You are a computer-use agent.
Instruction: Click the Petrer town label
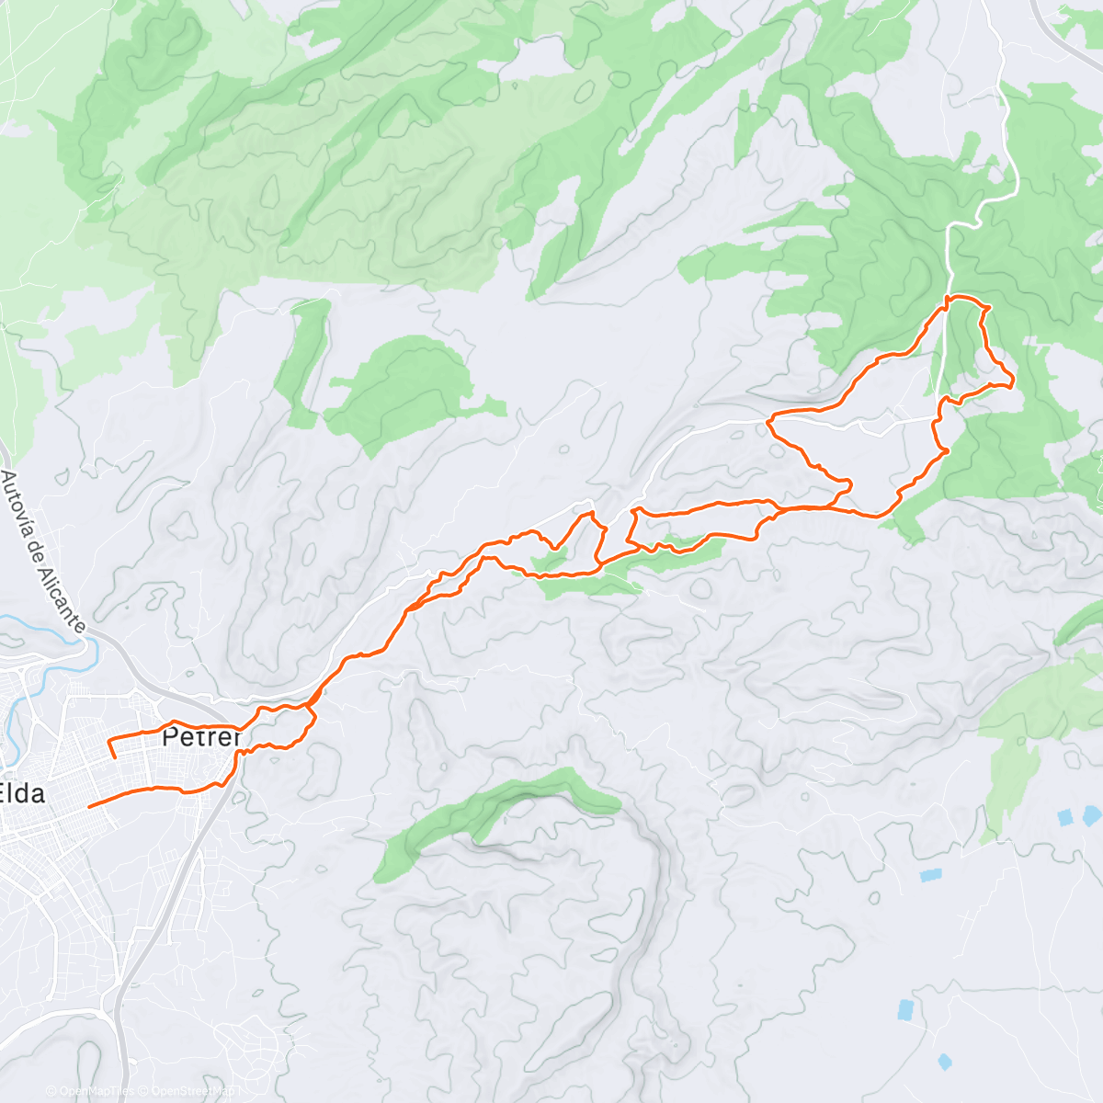coord(201,737)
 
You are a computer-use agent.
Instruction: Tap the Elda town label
coord(22,793)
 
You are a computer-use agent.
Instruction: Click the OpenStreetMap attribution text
coord(193,1091)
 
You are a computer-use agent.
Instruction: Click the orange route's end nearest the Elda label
coord(89,806)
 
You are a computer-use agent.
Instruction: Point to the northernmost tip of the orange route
coord(961,297)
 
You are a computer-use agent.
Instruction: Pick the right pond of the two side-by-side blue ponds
coord(1091,813)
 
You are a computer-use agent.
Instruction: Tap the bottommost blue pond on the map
coord(945,1062)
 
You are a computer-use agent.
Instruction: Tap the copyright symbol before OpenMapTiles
coord(51,1091)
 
